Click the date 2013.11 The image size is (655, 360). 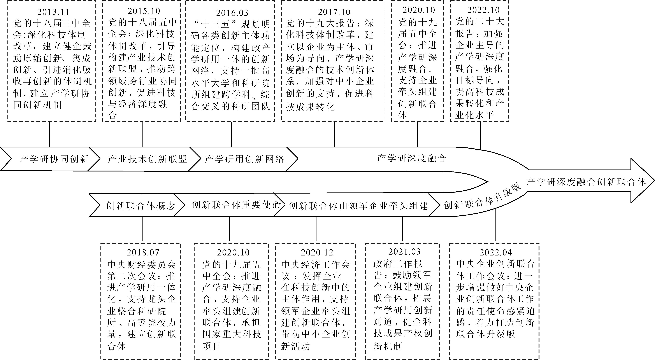(x=53, y=12)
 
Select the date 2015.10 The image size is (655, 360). (x=144, y=11)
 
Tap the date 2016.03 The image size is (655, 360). (x=232, y=13)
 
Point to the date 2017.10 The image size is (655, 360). (x=334, y=12)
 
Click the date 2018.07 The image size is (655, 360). (x=143, y=252)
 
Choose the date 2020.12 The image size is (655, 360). (x=317, y=252)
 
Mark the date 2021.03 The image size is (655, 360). (x=404, y=252)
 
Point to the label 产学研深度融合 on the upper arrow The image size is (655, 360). (x=411, y=158)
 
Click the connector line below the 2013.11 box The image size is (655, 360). (x=50, y=134)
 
